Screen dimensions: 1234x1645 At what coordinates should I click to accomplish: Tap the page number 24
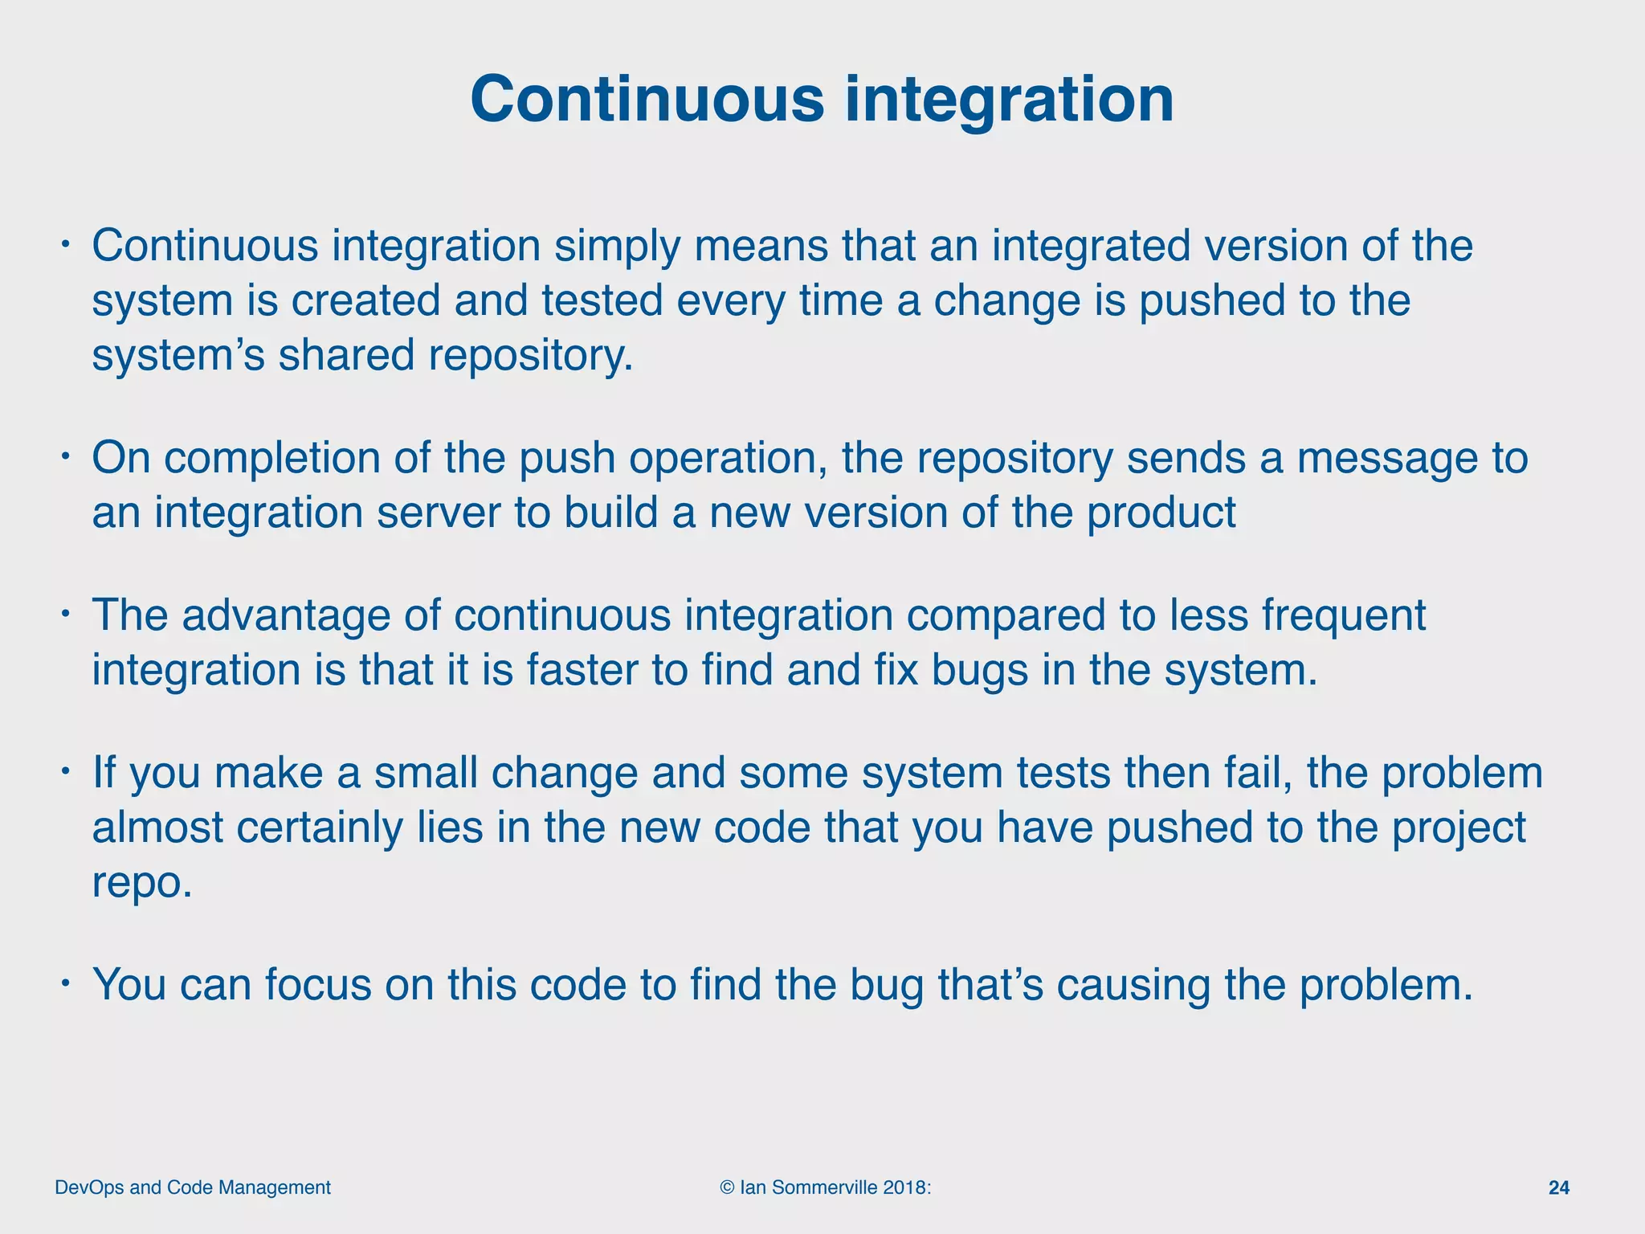click(x=1558, y=1187)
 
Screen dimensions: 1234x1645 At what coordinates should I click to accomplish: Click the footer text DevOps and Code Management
click(x=193, y=1187)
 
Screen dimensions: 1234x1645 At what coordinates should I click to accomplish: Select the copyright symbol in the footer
click(x=727, y=1187)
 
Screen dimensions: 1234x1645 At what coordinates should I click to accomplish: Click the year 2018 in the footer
click(x=906, y=1187)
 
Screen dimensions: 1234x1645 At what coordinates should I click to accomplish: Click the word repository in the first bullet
click(x=531, y=355)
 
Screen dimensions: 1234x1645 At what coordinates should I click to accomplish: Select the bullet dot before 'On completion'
click(x=67, y=457)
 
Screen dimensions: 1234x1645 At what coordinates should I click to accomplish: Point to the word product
click(x=1161, y=513)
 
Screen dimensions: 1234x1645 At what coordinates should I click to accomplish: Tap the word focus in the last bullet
click(x=318, y=985)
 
